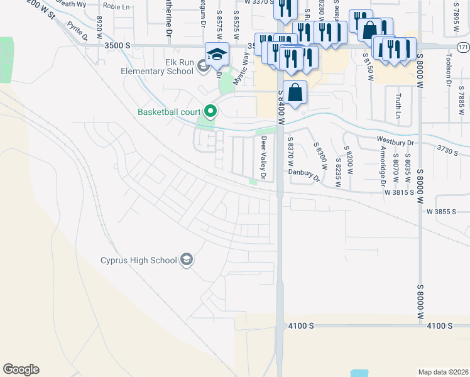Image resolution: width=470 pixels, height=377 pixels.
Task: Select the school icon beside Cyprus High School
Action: click(187, 259)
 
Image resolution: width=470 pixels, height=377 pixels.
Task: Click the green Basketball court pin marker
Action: click(210, 112)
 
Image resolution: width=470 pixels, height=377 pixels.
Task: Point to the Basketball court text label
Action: click(169, 113)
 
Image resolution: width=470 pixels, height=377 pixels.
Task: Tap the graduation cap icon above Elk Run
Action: click(217, 54)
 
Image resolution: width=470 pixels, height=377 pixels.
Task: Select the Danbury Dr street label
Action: click(304, 173)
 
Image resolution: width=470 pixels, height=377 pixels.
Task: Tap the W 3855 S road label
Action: click(442, 212)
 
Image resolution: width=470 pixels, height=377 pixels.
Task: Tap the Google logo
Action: click(21, 369)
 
